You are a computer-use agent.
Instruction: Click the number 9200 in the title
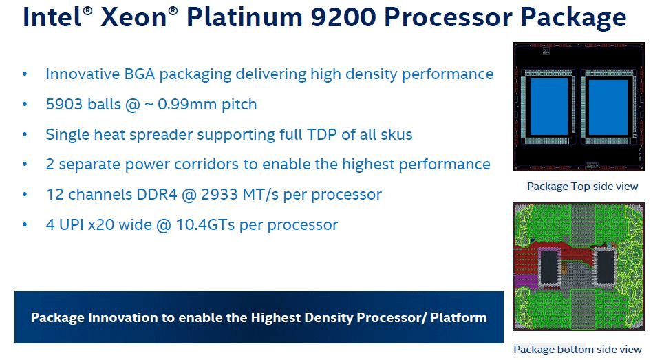343,17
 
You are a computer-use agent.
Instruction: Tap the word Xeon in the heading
133,17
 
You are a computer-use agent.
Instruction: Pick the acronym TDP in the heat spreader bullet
323,135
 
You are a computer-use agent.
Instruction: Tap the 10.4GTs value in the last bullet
205,224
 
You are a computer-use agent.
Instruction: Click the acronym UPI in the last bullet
72,224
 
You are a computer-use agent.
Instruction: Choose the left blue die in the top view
549,106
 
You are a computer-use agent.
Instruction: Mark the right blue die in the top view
608,106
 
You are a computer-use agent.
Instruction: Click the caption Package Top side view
582,187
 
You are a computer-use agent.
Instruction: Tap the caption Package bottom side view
577,350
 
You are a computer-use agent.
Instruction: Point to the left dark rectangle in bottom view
549,266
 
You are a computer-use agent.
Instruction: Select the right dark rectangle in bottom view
606,266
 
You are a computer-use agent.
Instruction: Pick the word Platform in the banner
459,317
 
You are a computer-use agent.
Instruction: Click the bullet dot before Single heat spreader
25,135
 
